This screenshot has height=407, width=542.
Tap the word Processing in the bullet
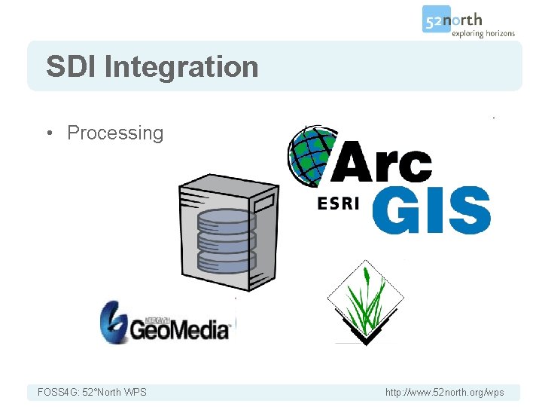[x=115, y=133]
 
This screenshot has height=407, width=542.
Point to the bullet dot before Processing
[x=49, y=133]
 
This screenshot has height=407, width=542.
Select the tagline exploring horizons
[x=483, y=34]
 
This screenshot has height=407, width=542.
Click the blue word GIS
[x=431, y=211]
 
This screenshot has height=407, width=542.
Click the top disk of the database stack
[x=227, y=220]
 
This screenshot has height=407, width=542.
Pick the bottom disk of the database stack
[x=227, y=261]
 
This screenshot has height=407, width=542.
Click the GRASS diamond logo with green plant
[x=365, y=302]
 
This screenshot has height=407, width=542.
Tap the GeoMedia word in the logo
[x=180, y=329]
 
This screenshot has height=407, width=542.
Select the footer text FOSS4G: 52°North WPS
[x=93, y=392]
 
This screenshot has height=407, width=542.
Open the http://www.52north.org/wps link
[x=444, y=392]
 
